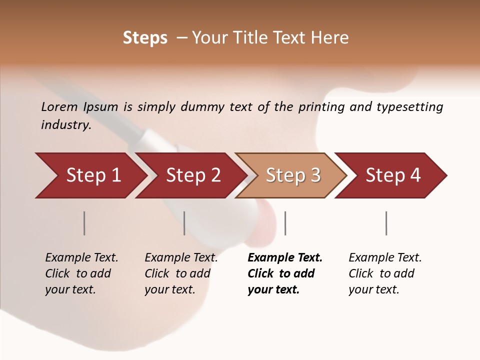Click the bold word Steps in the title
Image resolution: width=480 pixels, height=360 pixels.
point(145,38)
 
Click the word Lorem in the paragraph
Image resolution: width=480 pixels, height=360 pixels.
point(60,106)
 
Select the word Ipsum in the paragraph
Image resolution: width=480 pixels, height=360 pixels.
point(101,106)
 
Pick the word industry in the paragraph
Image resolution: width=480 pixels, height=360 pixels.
point(66,125)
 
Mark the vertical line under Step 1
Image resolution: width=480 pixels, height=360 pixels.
point(84,223)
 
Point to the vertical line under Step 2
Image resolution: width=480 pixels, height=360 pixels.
point(184,223)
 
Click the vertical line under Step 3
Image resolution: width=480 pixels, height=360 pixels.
point(285,223)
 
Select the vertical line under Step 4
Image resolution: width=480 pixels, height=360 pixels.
point(386,223)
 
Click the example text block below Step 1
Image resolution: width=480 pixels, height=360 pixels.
point(81,273)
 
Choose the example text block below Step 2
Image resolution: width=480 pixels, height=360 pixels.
point(181,273)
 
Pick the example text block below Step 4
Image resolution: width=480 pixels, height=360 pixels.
point(385,273)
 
